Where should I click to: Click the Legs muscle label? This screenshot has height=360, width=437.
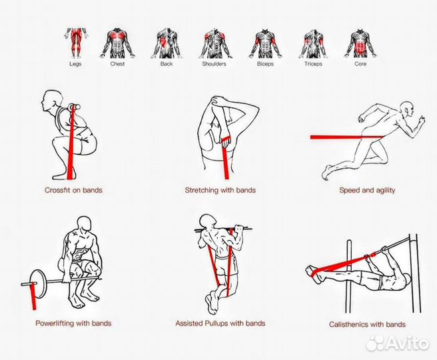pos(75,64)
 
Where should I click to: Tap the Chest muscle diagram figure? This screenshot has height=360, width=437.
pos(117,43)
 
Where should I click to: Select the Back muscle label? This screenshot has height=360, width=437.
pos(167,64)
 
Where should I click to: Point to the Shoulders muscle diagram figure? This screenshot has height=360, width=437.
pos(215,43)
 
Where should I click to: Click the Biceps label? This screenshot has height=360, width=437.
pos(265,64)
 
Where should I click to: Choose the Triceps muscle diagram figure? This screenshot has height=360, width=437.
pos(314,43)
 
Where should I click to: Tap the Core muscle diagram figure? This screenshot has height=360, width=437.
pos(360,43)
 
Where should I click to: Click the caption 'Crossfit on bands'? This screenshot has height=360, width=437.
pos(73,190)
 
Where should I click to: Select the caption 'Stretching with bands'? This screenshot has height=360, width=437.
pos(220,190)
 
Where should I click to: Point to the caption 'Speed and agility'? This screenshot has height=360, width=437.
pos(367,191)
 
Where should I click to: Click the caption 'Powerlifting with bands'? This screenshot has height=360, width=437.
pos(73,323)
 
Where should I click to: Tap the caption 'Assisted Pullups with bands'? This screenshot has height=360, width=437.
pos(220,323)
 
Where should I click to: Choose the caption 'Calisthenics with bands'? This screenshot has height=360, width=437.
pos(367,324)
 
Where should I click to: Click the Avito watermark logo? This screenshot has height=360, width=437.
pos(398,343)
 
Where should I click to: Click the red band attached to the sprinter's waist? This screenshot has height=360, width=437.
pos(346,137)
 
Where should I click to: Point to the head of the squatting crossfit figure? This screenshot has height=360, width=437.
pos(52,100)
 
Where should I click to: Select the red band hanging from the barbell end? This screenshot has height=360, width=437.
pos(33,296)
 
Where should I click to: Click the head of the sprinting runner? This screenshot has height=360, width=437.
pos(406,109)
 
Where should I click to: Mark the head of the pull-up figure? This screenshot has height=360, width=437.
pos(208,222)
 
